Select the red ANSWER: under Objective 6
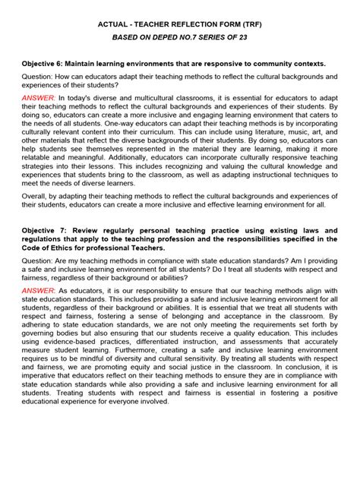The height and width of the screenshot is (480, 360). point(39,98)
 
